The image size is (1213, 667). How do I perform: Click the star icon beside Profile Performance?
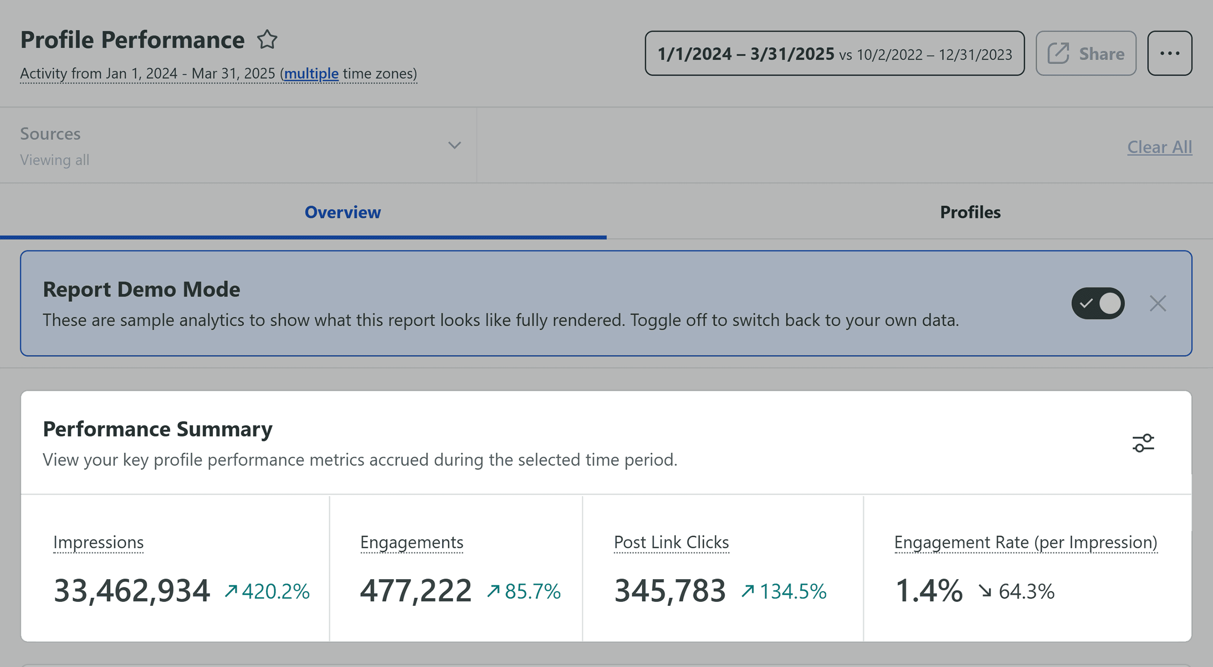tap(267, 40)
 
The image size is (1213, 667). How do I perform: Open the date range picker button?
tap(834, 53)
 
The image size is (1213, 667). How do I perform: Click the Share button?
tap(1085, 53)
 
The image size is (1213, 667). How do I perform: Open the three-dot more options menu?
tap(1169, 53)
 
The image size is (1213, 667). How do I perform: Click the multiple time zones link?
tap(311, 74)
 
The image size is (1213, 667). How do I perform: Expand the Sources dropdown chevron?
tap(454, 145)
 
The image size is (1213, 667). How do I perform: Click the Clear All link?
tap(1159, 147)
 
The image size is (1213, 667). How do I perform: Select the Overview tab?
tap(343, 213)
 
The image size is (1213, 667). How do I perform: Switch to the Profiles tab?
tap(970, 213)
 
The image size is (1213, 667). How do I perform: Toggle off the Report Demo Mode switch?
tap(1098, 303)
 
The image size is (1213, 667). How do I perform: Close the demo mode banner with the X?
tap(1157, 303)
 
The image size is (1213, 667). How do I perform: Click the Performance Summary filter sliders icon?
tap(1143, 443)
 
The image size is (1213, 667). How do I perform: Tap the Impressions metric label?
tap(98, 542)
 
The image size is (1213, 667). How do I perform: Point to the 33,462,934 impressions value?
tap(132, 591)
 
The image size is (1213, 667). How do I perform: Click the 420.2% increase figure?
tap(275, 591)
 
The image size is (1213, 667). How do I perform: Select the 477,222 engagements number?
tap(416, 591)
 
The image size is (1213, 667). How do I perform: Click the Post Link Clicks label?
tap(671, 542)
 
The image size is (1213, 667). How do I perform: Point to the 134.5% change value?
tap(792, 591)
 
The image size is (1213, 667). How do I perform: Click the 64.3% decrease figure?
tap(1026, 591)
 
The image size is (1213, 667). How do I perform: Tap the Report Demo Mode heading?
tap(141, 290)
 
